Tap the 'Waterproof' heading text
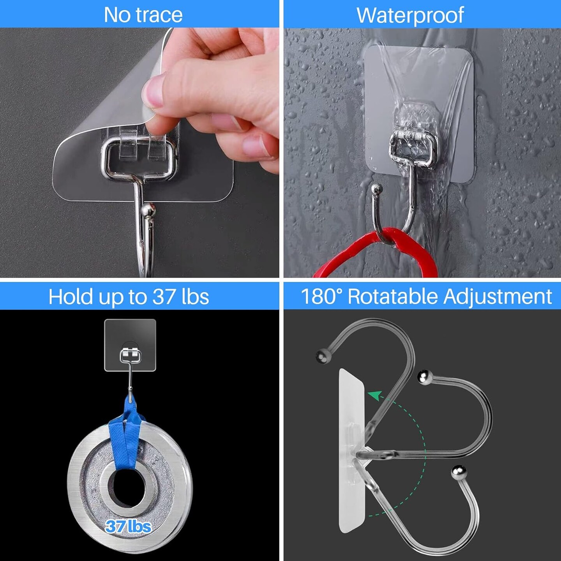(x=410, y=15)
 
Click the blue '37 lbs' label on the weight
(x=128, y=526)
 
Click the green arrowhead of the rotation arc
(x=374, y=395)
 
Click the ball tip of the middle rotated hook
(x=425, y=378)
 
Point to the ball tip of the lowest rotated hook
(x=458, y=472)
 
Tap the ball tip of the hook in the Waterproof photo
(x=376, y=189)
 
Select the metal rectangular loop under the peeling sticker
(x=138, y=160)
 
